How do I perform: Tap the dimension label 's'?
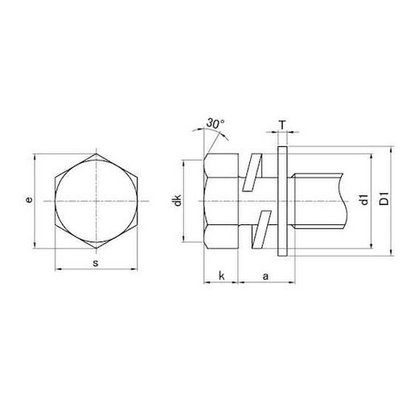pos(96,263)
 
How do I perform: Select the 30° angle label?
pos(215,124)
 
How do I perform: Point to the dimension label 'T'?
pos(282,125)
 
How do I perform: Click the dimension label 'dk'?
pos(178,200)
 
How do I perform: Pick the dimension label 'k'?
pos(221,276)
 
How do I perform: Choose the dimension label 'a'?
pos(265,277)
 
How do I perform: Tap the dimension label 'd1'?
pos(364,200)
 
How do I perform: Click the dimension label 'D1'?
pos(384,199)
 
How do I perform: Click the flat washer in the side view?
pos(282,201)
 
